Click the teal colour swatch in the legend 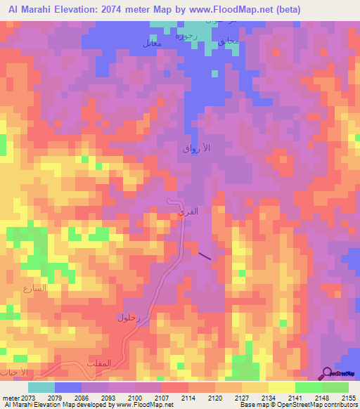coord(41,387)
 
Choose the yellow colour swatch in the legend coord(281,387)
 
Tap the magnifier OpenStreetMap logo coord(327,372)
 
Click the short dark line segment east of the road coord(204,257)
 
